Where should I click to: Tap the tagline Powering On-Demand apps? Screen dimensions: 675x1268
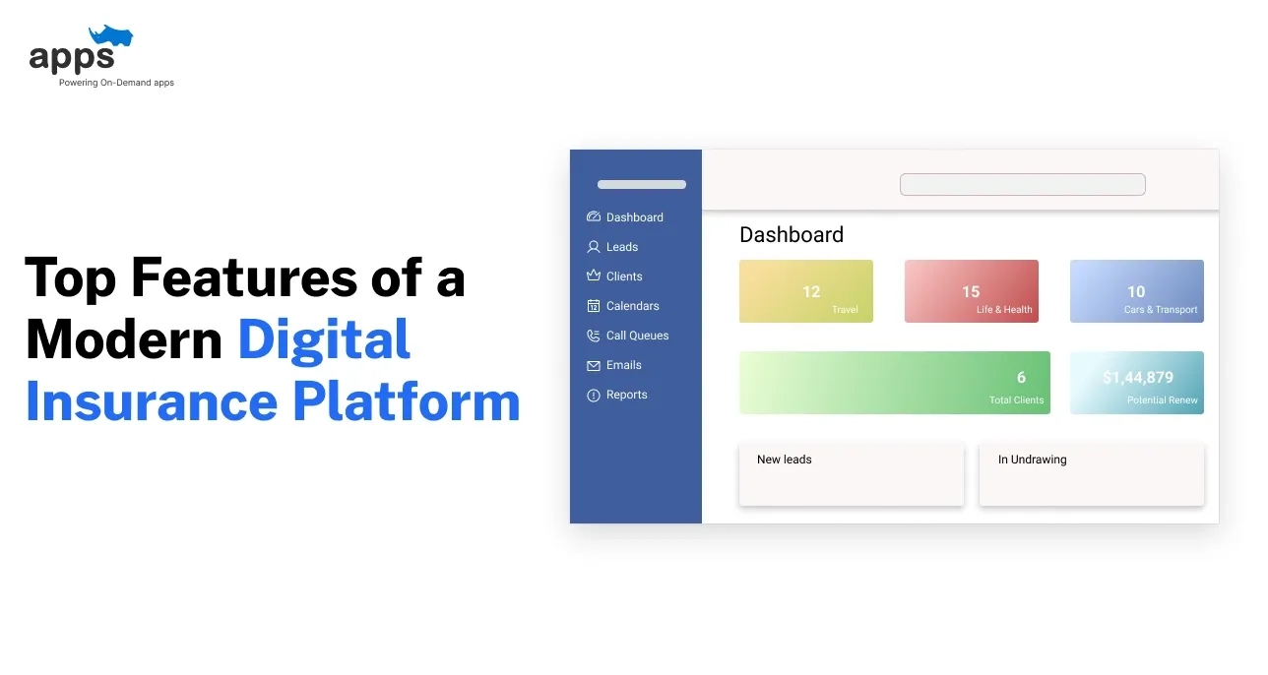pos(116,83)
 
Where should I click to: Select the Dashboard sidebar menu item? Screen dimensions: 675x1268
pos(634,217)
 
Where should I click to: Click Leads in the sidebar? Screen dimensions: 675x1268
pos(621,247)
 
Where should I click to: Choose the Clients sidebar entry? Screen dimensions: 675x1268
pos(624,276)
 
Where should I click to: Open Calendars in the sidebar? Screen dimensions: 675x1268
pos(632,306)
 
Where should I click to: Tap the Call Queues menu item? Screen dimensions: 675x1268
pos(637,336)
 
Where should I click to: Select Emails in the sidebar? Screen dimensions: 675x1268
pos(623,365)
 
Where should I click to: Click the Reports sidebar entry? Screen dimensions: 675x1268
pos(626,395)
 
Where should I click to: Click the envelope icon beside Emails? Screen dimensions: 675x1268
pos(594,366)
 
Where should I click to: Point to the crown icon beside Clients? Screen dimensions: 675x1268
pos(594,276)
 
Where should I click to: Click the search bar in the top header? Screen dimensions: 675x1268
pos(1022,185)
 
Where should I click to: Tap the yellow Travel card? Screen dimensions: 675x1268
pos(805,291)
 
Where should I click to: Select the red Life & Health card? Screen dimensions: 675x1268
pos(971,291)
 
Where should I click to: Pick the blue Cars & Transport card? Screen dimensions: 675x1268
pos(1136,291)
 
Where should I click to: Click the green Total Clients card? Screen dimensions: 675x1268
pos(894,383)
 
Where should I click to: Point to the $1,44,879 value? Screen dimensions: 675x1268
pos(1137,378)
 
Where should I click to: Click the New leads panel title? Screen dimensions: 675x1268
pos(785,460)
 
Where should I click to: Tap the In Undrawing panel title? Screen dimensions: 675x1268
pos(1032,460)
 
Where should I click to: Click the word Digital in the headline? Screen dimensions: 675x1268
pos(324,339)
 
